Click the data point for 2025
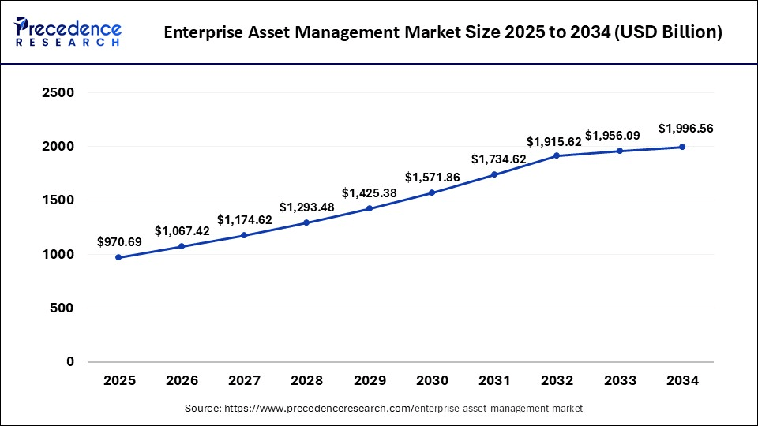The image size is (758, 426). pos(119,257)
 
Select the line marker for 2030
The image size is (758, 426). pos(432,192)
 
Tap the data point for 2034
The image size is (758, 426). pos(682,147)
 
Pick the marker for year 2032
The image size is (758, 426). pos(557,155)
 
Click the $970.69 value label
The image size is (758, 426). pos(119,242)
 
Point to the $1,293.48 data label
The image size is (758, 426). pos(307,207)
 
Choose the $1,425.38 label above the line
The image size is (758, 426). pos(370,192)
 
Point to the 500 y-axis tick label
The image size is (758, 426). pos(62,308)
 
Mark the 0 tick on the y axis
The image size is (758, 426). pos(69,362)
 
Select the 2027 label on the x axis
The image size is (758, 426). pos(244,381)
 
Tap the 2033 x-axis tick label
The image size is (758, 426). pos(620,381)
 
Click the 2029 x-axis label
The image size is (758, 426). pos(370,381)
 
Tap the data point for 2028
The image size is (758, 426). pos(307,222)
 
